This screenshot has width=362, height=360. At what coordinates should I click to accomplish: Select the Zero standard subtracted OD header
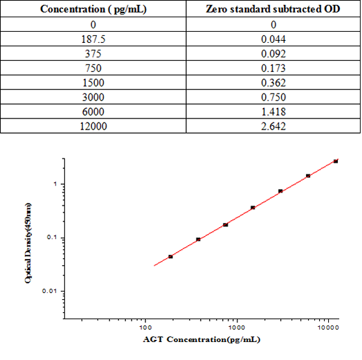click(x=271, y=10)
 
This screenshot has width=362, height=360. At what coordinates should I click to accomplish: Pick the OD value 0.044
click(x=271, y=39)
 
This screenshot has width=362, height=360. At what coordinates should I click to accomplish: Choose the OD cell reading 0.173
click(x=271, y=68)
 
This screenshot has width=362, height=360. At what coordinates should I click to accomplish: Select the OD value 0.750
click(x=271, y=97)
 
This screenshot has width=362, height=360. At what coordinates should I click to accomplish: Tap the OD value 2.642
click(x=271, y=126)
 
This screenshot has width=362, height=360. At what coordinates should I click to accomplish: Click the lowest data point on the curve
click(x=170, y=257)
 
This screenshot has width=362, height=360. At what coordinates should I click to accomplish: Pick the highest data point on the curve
click(x=336, y=161)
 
